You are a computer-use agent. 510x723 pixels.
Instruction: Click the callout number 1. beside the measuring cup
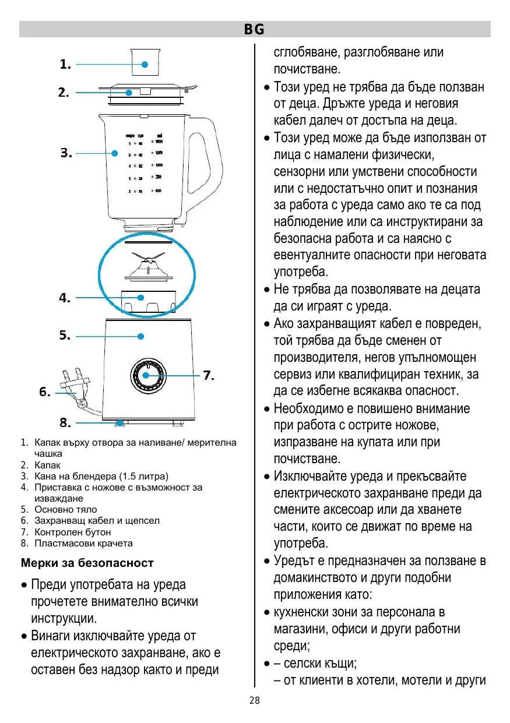coord(65,65)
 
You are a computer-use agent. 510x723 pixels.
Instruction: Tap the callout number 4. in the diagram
coord(65,298)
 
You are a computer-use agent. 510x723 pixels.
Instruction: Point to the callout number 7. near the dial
coord(209,375)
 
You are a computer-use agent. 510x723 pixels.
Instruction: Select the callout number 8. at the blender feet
coord(65,422)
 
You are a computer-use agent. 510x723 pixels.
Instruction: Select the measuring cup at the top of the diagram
coord(145,62)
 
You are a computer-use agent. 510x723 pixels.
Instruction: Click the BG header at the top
coord(254,29)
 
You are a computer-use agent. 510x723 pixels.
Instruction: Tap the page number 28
coord(255,700)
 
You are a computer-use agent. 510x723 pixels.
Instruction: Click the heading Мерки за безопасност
coord(87,563)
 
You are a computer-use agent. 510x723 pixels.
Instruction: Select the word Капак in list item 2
coord(47,465)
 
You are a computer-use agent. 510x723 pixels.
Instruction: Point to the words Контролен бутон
coord(72,532)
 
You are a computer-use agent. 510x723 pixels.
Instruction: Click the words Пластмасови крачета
coord(83,543)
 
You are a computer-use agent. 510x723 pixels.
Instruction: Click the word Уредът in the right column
coord(296,561)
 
